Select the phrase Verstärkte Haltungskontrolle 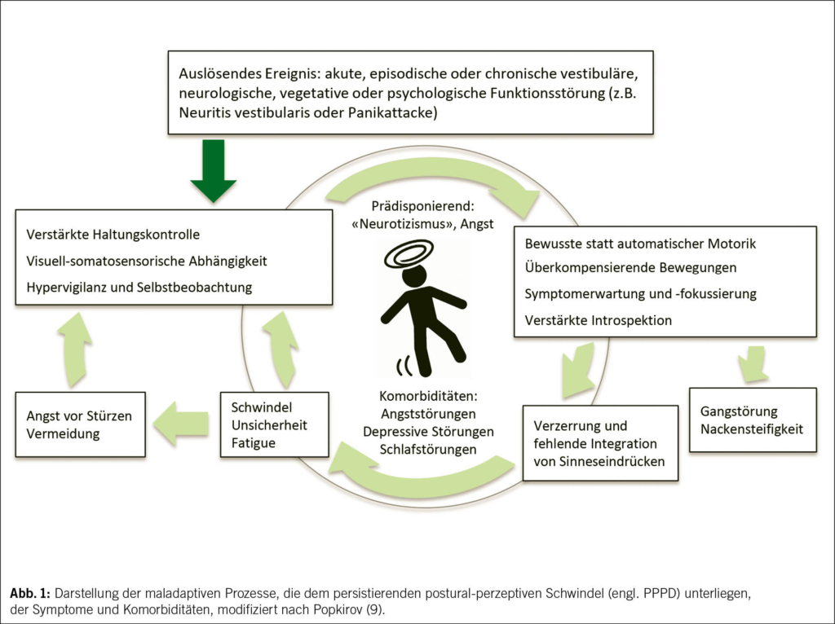coord(113,235)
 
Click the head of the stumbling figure coord(414,276)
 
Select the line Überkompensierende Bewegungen coord(630,267)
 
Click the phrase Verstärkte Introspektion coord(599,320)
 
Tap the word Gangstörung coord(740,411)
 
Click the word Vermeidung coord(63,434)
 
